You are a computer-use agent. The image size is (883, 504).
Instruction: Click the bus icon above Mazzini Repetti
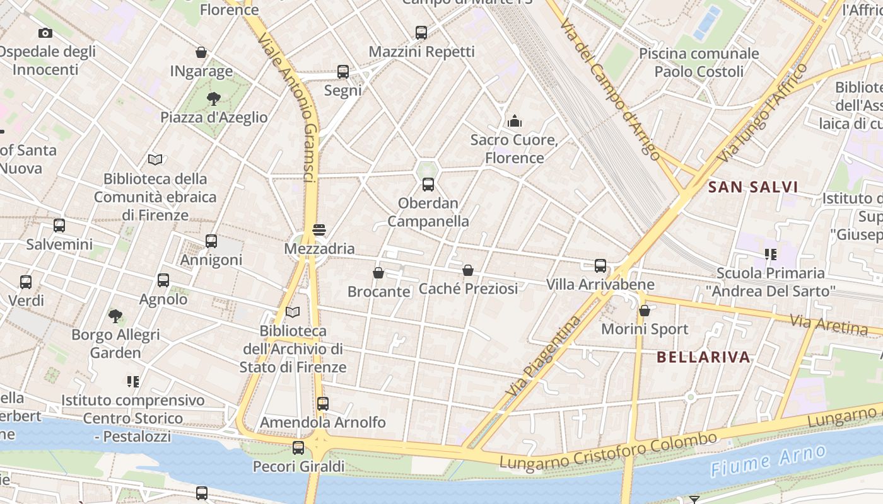point(421,33)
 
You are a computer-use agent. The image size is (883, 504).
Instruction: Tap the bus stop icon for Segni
point(343,72)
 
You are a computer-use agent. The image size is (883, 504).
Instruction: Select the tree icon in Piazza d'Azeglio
point(214,98)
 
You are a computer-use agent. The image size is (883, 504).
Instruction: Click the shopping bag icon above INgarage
point(201,52)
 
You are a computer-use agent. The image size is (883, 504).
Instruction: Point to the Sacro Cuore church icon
point(515,121)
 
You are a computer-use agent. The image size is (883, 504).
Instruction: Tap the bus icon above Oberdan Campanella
point(428,185)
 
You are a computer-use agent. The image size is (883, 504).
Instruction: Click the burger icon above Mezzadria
point(319,230)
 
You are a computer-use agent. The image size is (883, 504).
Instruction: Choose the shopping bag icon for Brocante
point(378,273)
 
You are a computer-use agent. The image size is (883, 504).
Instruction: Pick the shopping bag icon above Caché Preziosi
point(468,270)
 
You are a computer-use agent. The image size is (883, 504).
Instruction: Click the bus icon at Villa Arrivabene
point(600,266)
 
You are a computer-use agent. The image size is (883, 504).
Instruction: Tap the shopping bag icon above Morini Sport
point(645,311)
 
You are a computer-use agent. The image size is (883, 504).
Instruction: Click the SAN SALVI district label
point(753,187)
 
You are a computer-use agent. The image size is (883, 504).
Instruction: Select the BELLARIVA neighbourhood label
point(704,357)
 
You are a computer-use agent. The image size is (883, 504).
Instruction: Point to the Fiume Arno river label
point(768,461)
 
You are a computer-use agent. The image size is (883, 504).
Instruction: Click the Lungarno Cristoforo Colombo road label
point(608,450)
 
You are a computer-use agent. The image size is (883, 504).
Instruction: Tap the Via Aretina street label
point(829,325)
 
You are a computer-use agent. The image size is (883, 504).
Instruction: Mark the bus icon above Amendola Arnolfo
point(323,404)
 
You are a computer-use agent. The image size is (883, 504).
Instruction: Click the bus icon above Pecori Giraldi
point(298,448)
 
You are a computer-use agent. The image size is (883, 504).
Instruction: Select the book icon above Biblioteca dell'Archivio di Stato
point(293,312)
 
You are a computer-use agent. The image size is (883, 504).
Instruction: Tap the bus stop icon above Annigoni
point(211,241)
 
